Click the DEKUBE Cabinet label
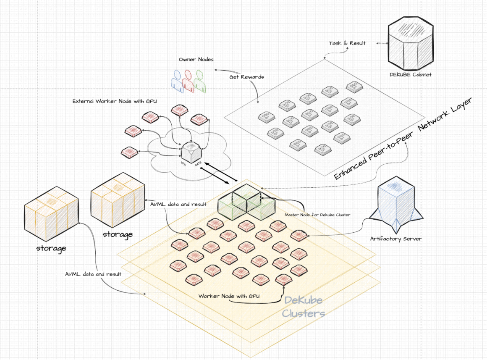[x=410, y=75]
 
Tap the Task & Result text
[x=347, y=43]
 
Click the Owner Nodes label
[x=196, y=59]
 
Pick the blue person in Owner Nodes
[x=177, y=81]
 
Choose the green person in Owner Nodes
[x=200, y=81]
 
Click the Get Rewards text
[x=246, y=77]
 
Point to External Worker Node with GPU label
[x=115, y=101]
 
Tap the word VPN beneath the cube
[x=183, y=163]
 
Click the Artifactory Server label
[x=395, y=239]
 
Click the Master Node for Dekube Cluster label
[x=317, y=215]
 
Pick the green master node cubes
[x=246, y=202]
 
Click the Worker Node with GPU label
[x=229, y=296]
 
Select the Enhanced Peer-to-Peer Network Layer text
[x=403, y=138]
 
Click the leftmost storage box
[x=52, y=214]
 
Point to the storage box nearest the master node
[x=118, y=200]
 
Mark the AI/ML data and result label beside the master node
[x=178, y=204]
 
